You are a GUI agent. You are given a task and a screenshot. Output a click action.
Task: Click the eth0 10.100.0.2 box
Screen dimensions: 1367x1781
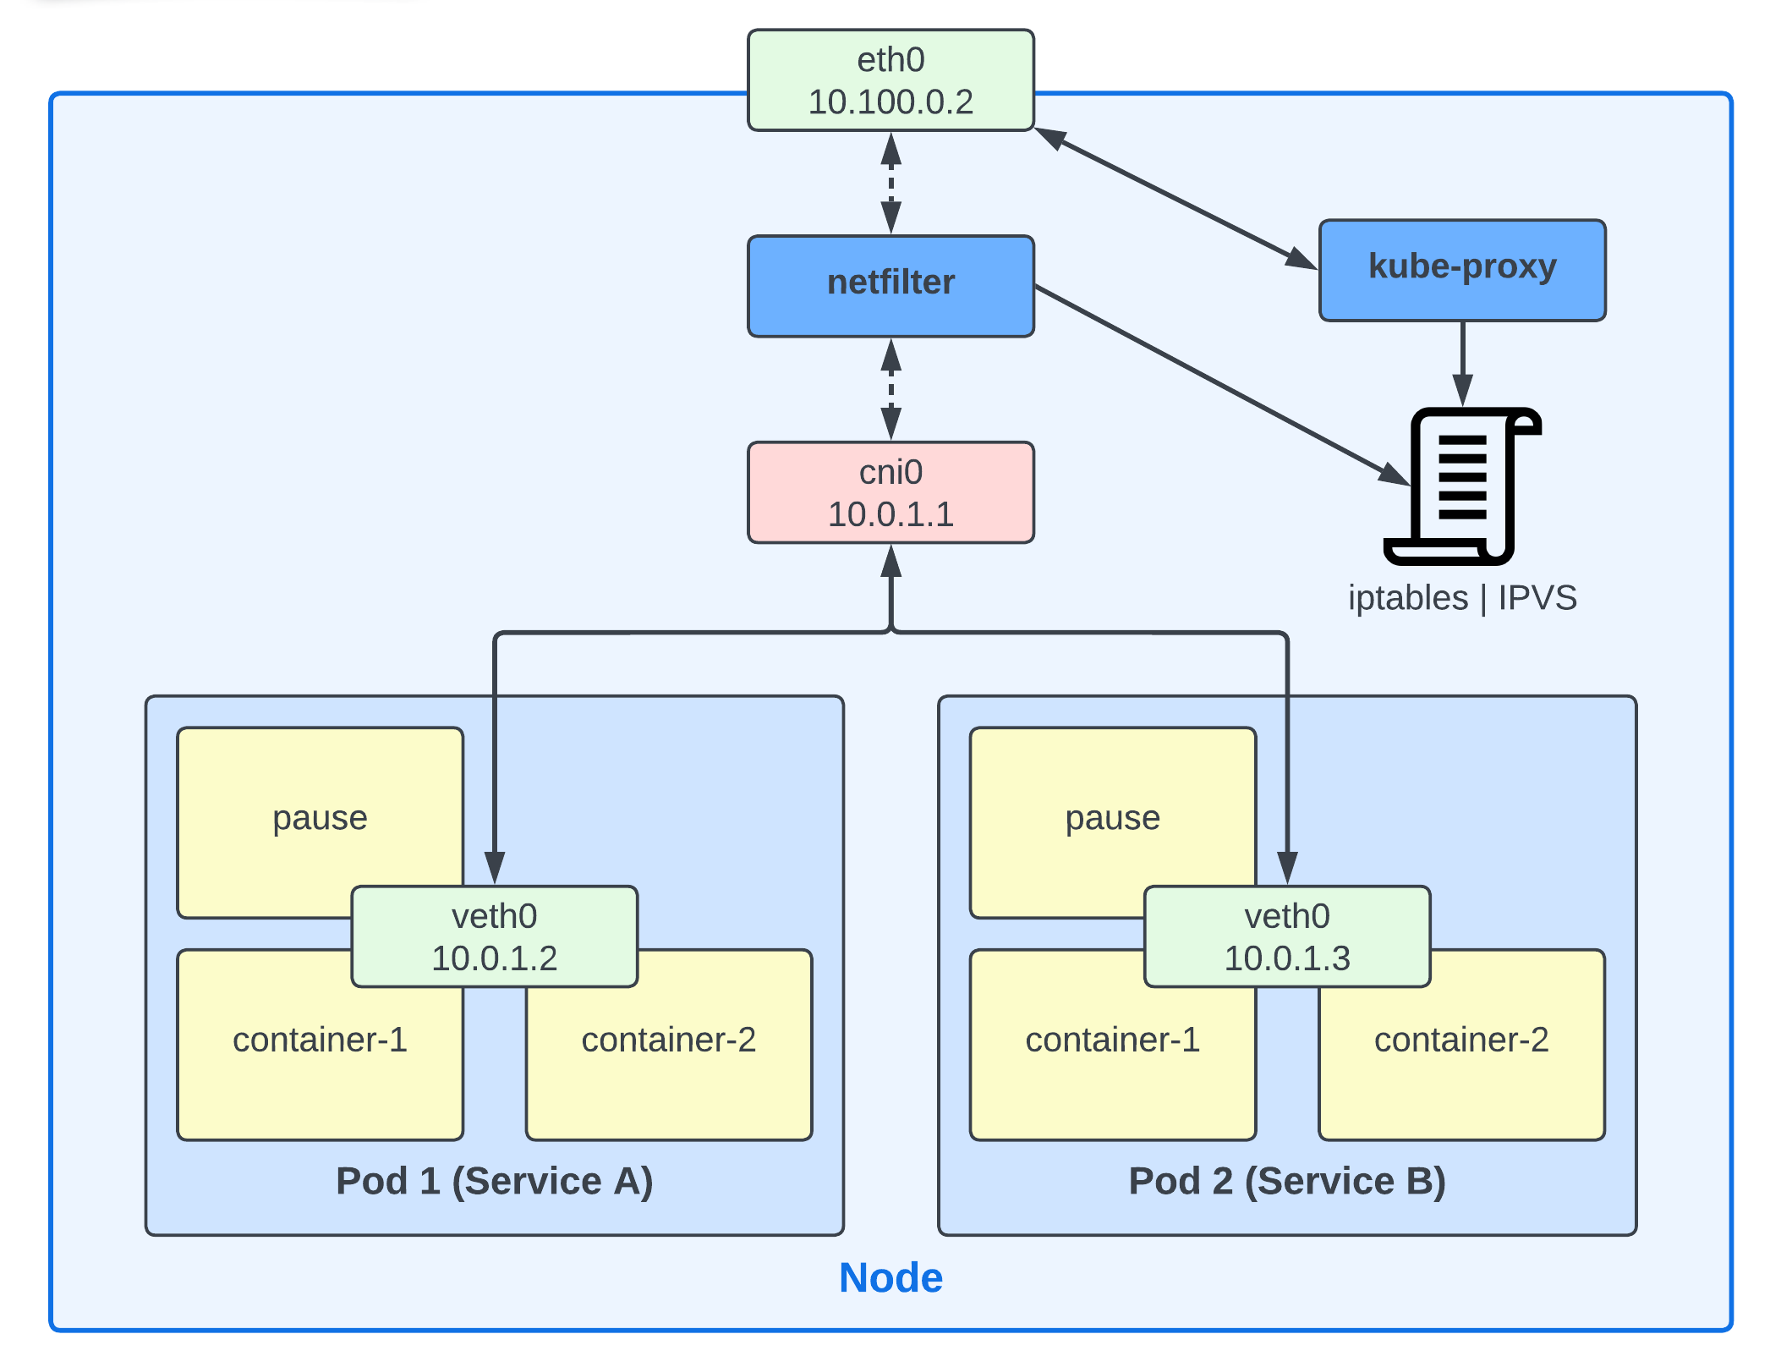(890, 80)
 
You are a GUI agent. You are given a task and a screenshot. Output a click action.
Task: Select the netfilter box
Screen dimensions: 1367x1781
(890, 286)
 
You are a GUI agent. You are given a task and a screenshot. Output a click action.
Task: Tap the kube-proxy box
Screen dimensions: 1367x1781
(1461, 270)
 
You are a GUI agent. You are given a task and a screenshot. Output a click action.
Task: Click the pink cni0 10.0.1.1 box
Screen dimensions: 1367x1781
(890, 492)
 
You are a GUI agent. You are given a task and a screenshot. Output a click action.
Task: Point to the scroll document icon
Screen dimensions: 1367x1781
(1461, 486)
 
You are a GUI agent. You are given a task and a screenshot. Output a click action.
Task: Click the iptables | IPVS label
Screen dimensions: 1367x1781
(1461, 598)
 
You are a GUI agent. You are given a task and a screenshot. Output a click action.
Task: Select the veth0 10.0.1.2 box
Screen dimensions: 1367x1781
(494, 936)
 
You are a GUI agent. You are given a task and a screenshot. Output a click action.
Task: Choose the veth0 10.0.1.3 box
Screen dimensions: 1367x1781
(1286, 936)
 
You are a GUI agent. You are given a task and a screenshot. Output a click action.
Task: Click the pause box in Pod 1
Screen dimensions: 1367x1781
(320, 812)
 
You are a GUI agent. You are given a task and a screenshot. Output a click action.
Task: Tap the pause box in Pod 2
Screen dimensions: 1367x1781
(1112, 812)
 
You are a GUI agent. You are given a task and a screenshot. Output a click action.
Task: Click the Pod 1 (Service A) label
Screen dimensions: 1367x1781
(494, 1181)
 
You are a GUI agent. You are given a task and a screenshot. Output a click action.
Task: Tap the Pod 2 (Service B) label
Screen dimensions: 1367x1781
(1286, 1181)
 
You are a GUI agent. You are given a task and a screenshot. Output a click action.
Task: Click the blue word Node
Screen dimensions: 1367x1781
(890, 1277)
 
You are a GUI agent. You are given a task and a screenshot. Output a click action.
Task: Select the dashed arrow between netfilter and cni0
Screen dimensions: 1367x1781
(890, 389)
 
